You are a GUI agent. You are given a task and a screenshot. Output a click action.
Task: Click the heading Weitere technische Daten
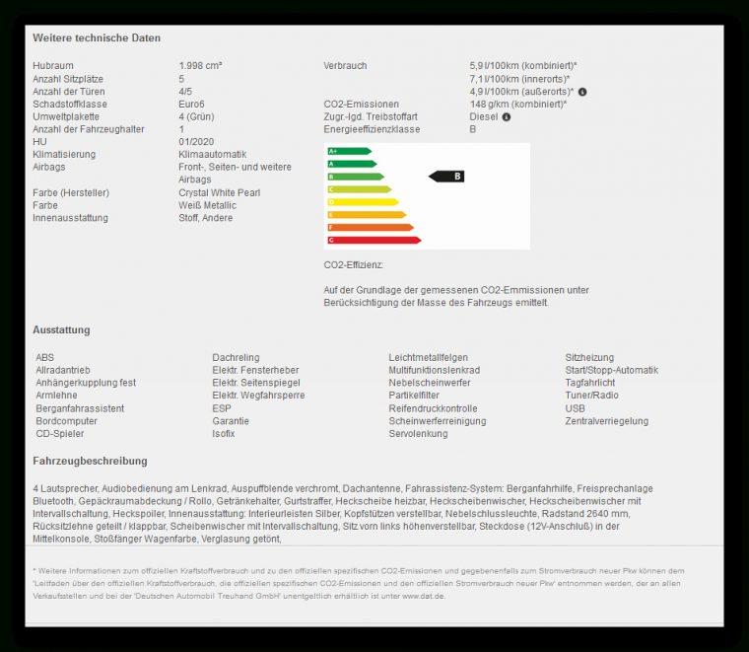[x=97, y=37]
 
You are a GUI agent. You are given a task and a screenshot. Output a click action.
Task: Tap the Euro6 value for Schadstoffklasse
[x=192, y=104]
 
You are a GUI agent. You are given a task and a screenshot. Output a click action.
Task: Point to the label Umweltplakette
[x=67, y=116]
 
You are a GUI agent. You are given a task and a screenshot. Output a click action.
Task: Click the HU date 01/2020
[x=196, y=142]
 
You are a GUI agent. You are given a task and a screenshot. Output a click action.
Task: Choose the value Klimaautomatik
[x=212, y=155]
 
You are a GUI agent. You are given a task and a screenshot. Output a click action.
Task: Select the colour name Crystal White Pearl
[x=220, y=193]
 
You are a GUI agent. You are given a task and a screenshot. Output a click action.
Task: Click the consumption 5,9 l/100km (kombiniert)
[x=523, y=66]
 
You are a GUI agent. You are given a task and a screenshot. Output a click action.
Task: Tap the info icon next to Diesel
[x=507, y=117]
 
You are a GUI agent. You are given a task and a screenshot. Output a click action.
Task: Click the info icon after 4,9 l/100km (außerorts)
[x=582, y=92]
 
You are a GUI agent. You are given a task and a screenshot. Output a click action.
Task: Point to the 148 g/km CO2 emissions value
[x=517, y=104]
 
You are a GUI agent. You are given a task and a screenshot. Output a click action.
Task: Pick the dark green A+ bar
[x=349, y=151]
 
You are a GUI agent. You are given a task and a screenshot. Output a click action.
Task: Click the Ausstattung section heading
[x=61, y=329]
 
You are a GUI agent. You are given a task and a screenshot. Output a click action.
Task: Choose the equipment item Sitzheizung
[x=589, y=357]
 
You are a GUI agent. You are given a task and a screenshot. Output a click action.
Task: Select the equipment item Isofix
[x=224, y=434]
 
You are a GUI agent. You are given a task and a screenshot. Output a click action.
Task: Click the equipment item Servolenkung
[x=418, y=434]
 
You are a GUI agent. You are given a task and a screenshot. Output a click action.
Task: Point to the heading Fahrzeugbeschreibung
[x=90, y=461]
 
